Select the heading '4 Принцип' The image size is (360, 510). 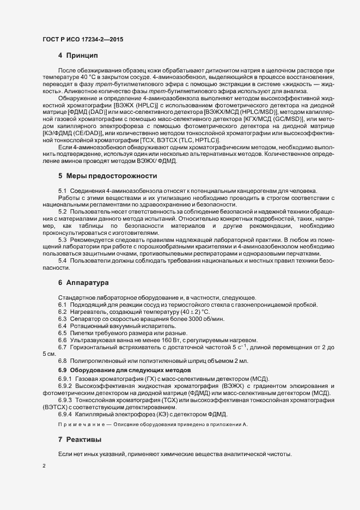[77, 56]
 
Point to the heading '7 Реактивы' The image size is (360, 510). [81, 439]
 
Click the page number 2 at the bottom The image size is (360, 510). [44, 466]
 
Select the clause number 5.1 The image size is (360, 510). [63, 190]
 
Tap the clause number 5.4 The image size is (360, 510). [63, 261]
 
